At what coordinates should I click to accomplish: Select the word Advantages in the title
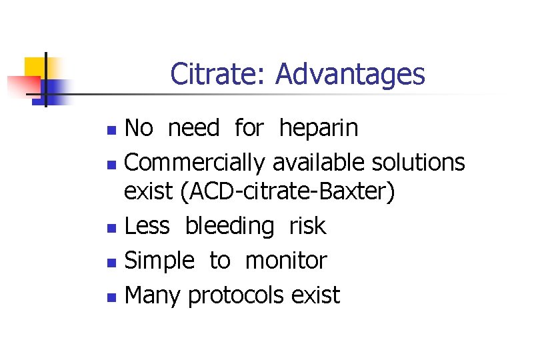[350, 74]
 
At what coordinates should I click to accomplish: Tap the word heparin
[319, 127]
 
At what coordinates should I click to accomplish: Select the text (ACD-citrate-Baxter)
[287, 193]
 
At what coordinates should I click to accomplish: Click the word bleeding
[229, 226]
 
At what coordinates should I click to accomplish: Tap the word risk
[307, 226]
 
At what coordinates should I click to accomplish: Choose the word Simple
[159, 261]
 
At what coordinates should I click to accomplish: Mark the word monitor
[286, 261]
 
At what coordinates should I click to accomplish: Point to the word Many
[153, 294]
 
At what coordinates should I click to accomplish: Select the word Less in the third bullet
[148, 226]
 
